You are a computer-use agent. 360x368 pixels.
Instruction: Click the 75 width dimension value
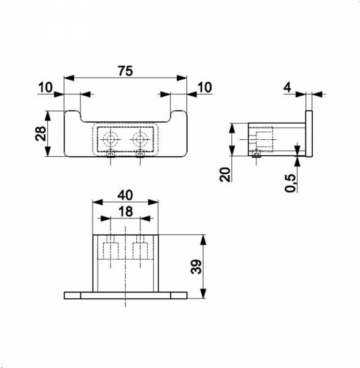click(125, 71)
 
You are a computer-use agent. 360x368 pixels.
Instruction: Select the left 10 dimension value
click(45, 87)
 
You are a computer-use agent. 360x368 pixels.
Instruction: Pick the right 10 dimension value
click(205, 87)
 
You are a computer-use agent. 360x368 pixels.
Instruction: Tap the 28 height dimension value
click(40, 134)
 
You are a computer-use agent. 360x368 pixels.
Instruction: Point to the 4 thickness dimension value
click(287, 88)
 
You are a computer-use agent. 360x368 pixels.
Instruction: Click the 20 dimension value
click(225, 174)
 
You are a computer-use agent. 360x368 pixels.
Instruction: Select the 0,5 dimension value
click(291, 183)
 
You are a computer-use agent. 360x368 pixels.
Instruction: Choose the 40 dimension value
click(125, 195)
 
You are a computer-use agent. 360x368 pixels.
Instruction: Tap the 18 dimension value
click(126, 212)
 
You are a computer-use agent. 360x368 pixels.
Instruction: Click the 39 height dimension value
click(196, 267)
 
